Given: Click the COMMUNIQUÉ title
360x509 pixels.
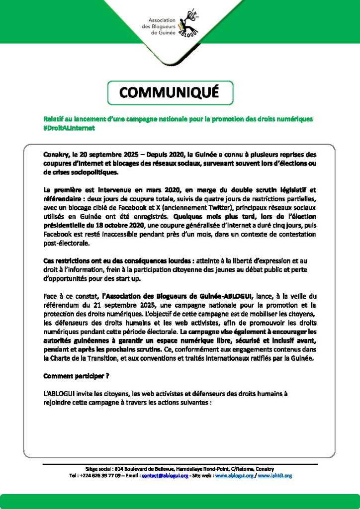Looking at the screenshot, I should coord(169,92).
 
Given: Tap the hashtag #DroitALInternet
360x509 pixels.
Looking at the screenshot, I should coord(69,128).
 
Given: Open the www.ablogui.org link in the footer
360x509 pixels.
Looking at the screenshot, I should coord(235,476).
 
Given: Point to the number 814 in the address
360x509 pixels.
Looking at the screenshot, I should coord(119,469).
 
